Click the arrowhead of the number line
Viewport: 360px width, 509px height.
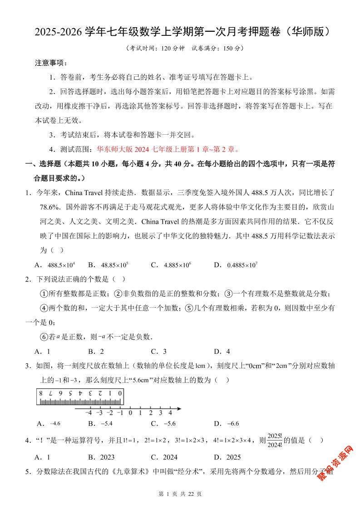click(179, 409)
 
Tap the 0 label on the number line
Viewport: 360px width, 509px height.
click(130, 413)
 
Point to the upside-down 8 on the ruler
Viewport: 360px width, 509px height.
click(41, 393)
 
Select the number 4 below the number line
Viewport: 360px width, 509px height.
click(170, 413)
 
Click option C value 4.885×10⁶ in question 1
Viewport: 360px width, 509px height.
click(172, 265)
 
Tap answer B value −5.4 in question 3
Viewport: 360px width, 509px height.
click(107, 423)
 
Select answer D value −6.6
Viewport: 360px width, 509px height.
click(232, 423)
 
